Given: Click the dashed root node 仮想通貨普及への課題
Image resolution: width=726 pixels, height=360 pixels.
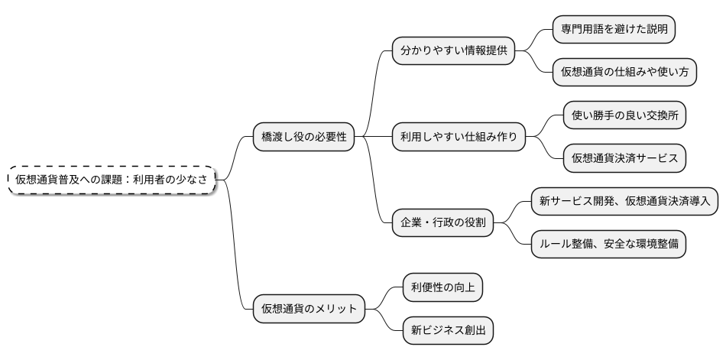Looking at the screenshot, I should pos(112,179).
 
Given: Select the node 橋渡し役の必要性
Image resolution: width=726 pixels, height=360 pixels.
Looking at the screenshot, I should pos(303,137).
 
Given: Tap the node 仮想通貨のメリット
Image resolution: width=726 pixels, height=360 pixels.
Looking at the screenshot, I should pos(309,309).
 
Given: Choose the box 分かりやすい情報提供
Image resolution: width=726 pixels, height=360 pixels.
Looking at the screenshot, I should pos(453,51).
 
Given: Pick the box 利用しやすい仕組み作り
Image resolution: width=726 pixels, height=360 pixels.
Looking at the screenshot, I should pos(459,137).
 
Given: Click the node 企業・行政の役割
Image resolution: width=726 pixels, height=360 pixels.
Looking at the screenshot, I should pos(442,223).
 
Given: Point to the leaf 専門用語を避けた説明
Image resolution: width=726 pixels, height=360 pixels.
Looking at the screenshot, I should pos(614,30).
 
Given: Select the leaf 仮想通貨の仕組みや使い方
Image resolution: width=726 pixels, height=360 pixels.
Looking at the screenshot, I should pos(624,73).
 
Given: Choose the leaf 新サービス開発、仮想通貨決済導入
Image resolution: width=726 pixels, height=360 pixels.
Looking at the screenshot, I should pos(624,202).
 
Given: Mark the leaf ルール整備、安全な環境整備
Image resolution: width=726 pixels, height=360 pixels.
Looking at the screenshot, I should pos(608,245).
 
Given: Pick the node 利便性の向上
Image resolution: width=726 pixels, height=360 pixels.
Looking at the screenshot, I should pos(442,287).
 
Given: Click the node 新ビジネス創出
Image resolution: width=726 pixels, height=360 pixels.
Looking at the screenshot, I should pos(448,330).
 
